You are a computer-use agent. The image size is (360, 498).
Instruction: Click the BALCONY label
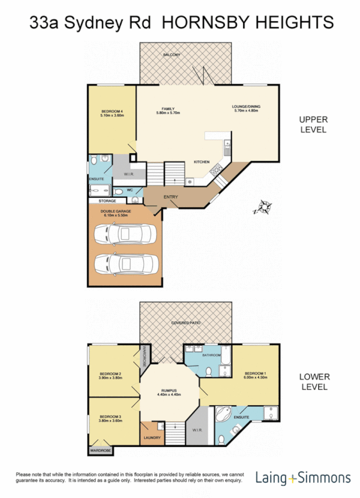click(171, 55)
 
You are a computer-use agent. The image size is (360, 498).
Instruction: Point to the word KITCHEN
click(202, 162)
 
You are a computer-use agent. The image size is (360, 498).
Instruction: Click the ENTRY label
click(170, 197)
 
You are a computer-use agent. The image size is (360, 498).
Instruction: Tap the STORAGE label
click(107, 201)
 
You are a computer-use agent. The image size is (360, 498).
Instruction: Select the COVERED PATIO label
click(186, 323)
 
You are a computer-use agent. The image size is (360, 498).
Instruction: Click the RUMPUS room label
click(170, 391)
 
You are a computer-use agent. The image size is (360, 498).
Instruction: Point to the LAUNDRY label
click(152, 438)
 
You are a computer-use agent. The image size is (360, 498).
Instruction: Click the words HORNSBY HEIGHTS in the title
click(248, 22)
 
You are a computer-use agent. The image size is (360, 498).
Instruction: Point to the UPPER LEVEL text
click(312, 124)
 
